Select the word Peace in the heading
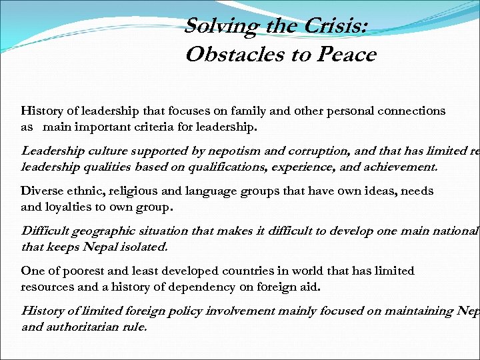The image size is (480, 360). coord(347,55)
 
